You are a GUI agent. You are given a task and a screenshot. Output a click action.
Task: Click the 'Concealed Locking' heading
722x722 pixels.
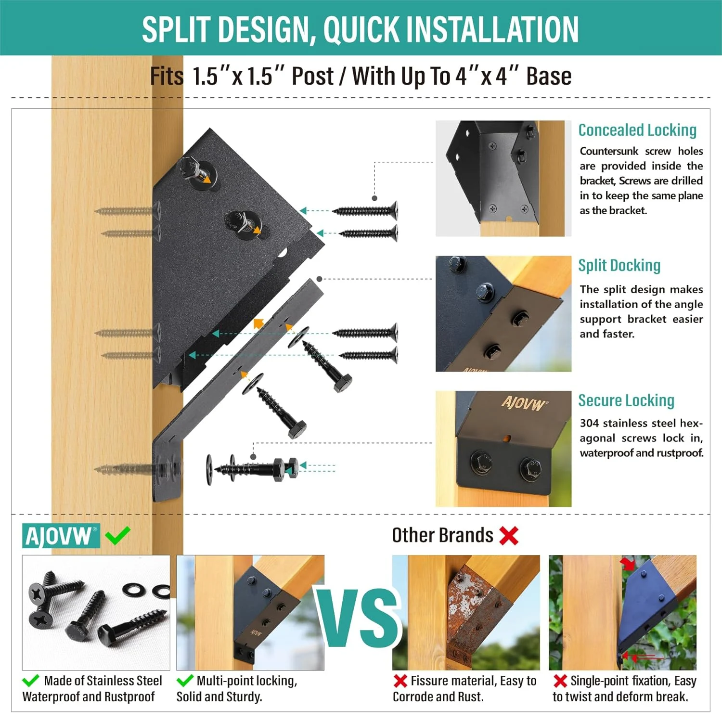[x=637, y=130]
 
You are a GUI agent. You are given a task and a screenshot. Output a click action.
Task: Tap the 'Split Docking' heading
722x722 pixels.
[x=619, y=265]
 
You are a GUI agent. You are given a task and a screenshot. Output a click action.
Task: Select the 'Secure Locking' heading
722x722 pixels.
[x=626, y=400]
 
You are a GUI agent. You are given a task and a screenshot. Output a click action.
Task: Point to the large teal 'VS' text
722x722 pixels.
[x=359, y=618]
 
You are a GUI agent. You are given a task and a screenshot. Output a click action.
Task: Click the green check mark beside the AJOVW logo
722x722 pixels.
[x=117, y=535]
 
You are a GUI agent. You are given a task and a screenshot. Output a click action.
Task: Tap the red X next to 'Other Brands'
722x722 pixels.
[x=509, y=535]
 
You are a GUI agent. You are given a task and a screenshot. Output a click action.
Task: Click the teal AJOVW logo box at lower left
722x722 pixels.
[x=61, y=536]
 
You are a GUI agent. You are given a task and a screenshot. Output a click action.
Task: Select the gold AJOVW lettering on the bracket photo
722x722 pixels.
[x=524, y=403]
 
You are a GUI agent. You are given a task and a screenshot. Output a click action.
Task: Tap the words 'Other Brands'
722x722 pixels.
[x=442, y=535]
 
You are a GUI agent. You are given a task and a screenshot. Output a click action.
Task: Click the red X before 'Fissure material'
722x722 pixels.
[x=400, y=681]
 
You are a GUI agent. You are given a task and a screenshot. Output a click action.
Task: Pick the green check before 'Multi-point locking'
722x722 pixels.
[x=185, y=681]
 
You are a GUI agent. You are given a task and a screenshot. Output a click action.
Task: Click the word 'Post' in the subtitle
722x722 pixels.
[x=312, y=76]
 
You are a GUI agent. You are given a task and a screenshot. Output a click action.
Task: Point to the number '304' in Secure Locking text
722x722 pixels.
[x=589, y=423]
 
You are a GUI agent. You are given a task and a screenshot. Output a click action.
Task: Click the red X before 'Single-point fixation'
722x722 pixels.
[x=560, y=681]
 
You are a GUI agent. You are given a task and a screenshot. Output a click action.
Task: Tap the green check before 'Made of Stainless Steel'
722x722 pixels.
[x=31, y=681]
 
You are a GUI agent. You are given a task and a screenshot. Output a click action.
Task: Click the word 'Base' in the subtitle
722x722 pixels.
[x=549, y=76]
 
